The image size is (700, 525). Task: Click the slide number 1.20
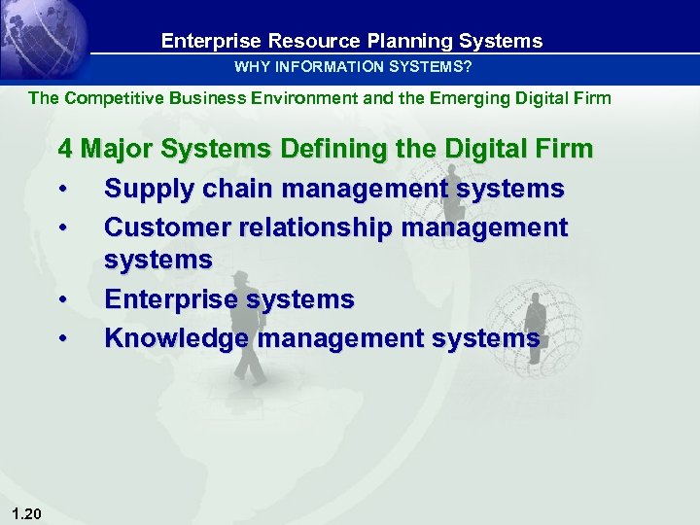[x=27, y=513]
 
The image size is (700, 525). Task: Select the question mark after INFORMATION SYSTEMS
[x=469, y=68]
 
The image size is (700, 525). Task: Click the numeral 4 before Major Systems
[x=66, y=150]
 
